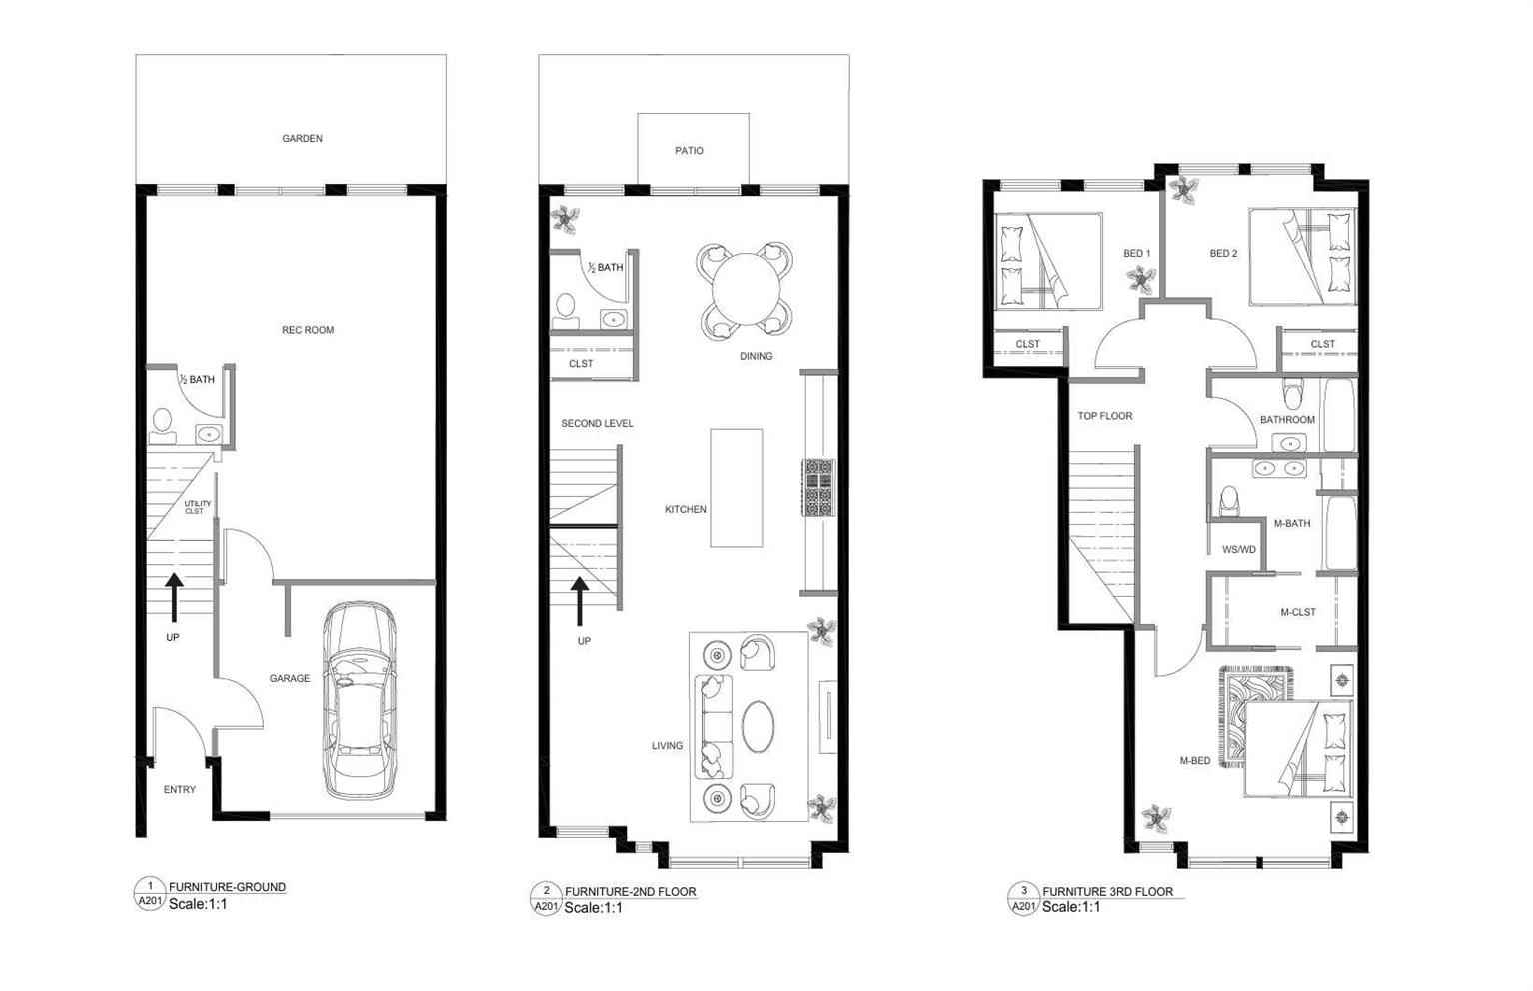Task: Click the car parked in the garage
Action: click(x=360, y=701)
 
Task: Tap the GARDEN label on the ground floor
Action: click(x=302, y=138)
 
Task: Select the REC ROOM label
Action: click(x=308, y=330)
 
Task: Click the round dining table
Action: click(x=746, y=289)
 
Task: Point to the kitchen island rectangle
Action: click(x=737, y=488)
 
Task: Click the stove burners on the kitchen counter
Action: click(x=819, y=488)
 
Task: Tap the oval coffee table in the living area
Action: click(x=759, y=727)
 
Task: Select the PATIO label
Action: click(x=689, y=151)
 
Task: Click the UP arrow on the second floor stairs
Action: click(x=580, y=601)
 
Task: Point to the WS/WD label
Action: click(x=1239, y=549)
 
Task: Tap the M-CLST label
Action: click(x=1297, y=612)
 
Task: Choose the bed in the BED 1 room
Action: click(x=1047, y=262)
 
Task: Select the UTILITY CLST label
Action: click(x=197, y=507)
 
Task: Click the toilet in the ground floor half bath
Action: click(x=162, y=426)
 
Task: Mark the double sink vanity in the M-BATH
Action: click(x=1279, y=468)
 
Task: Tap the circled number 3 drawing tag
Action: click(x=1023, y=891)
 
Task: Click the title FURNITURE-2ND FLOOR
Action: click(x=630, y=892)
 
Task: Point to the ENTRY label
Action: click(x=179, y=790)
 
